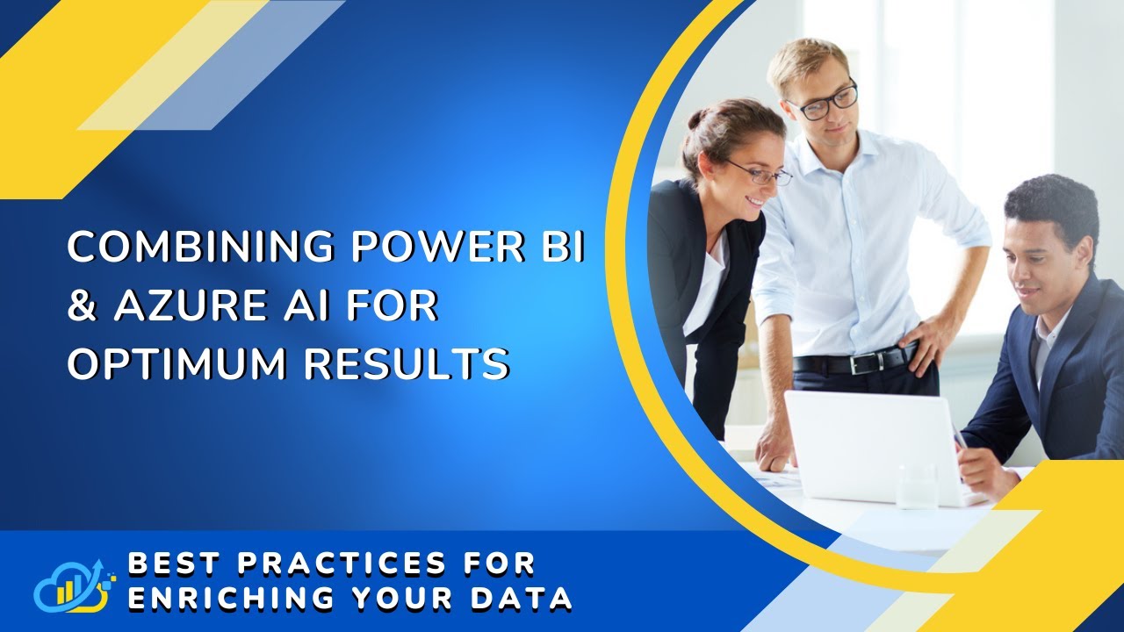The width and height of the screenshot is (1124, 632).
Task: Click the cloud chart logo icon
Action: coord(74,585)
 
